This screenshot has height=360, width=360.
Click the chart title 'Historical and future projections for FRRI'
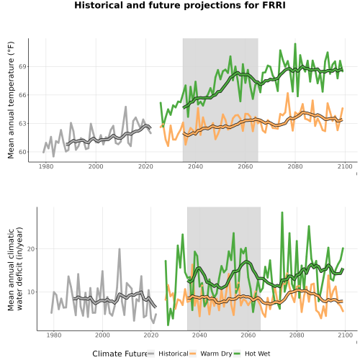180,5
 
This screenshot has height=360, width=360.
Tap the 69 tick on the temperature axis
22,66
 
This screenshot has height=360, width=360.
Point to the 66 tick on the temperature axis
22,95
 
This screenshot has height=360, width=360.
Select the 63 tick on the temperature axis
22,124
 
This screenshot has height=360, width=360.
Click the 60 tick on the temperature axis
22,152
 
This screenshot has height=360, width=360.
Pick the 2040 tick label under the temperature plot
195,166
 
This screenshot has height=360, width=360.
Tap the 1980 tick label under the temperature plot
46,166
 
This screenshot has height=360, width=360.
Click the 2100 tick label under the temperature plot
345,166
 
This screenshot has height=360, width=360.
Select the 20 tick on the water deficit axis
31,249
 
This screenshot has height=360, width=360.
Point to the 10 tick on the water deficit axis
31,292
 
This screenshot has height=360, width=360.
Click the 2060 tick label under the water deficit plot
248,335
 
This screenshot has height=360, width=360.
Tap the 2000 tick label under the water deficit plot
102,335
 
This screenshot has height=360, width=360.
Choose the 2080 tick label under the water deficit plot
297,335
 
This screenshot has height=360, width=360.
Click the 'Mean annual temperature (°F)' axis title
11,100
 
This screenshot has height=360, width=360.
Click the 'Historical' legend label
174,354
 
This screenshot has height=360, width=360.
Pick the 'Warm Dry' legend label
216,354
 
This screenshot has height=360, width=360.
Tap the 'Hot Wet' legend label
257,354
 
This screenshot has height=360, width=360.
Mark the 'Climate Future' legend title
120,354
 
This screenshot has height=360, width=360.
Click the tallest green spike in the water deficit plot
282,212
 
